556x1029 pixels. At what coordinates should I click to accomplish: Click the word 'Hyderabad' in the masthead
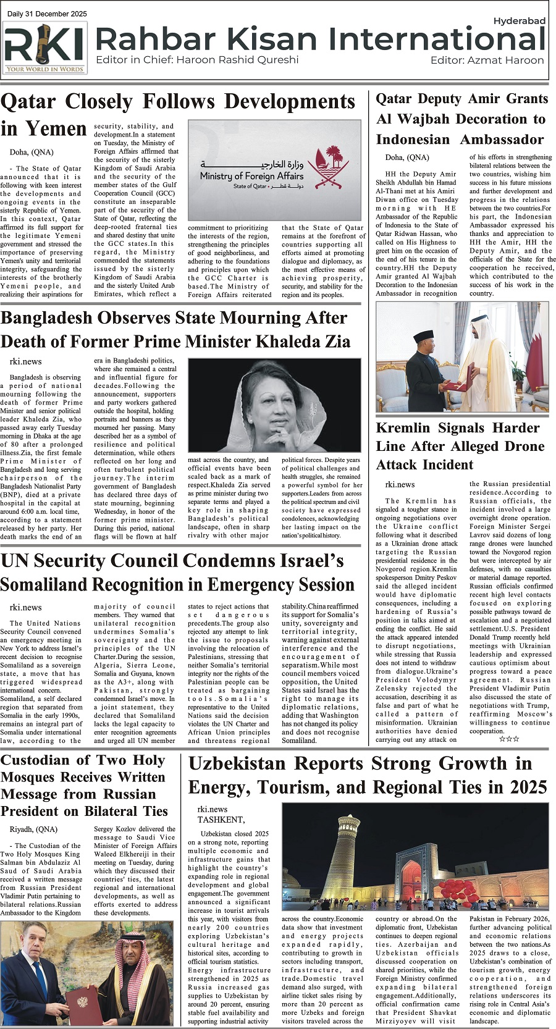pos(519,21)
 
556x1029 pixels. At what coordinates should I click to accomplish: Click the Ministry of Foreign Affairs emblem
pos(323,167)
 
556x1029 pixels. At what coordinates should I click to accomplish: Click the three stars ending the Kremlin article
pos(508,739)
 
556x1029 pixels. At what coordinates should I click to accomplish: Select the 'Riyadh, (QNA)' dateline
pos(33,829)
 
